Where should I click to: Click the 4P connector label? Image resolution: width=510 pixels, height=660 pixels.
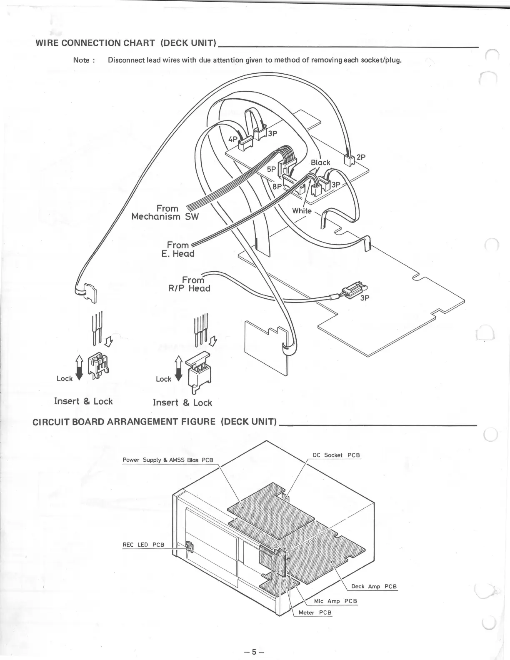232,138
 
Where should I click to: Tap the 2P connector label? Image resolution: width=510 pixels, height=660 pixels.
361,157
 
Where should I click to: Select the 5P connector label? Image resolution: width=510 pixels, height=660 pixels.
272,170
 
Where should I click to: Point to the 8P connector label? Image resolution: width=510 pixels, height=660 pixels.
277,186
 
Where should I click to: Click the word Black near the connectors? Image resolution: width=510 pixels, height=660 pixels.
320,162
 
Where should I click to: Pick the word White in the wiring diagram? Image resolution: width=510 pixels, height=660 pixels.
302,211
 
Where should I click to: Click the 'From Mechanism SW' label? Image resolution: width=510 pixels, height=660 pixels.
165,212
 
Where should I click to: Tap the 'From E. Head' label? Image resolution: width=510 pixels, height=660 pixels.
178,249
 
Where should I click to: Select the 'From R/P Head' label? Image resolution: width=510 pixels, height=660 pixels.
189,284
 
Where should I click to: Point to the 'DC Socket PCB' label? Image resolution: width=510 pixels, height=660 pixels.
336,455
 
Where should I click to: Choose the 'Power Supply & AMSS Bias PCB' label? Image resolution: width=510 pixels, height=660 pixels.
167,460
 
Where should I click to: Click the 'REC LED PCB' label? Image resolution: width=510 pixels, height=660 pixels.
143,545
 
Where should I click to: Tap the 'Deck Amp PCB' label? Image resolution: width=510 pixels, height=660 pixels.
374,586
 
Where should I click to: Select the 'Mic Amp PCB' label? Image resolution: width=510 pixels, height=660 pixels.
335,601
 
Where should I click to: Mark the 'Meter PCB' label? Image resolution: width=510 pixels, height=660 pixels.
315,612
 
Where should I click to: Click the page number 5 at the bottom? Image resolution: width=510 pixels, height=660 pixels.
255,652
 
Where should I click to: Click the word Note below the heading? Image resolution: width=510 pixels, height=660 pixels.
81,60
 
